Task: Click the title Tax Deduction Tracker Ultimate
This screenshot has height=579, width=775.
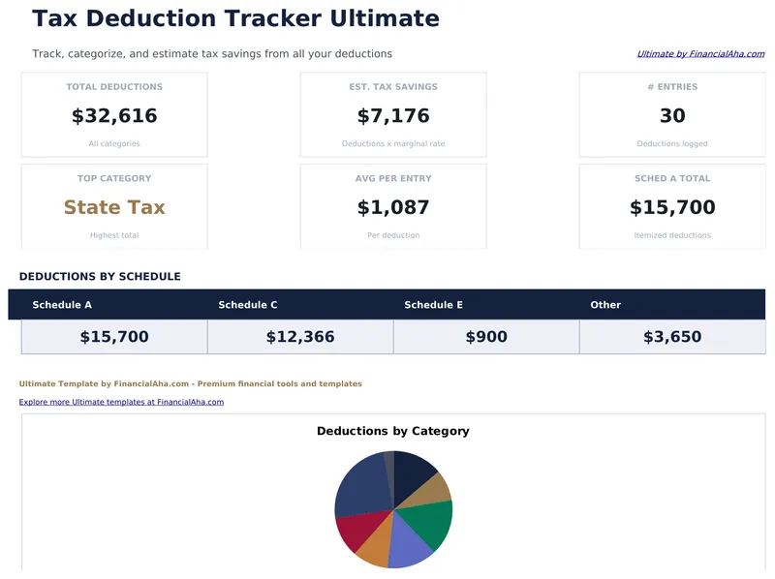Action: [235, 18]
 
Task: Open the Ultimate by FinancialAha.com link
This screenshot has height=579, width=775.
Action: [700, 54]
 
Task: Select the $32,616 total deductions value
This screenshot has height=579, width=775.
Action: [114, 116]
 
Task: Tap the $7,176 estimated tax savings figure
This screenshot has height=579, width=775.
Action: [393, 116]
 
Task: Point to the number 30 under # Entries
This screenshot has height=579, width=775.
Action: [672, 116]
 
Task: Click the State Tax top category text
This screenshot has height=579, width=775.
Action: [114, 207]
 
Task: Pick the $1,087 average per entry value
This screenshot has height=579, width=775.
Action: [393, 207]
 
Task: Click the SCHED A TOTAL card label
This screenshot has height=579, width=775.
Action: [672, 178]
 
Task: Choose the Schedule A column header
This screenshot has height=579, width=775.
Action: [62, 305]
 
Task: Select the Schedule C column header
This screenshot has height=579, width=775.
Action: [248, 305]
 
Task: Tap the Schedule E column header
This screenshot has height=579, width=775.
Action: [434, 305]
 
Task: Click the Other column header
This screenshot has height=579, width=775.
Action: [605, 305]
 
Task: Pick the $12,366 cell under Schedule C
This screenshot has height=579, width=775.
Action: [300, 337]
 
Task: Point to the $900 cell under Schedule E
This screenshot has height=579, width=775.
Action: [486, 337]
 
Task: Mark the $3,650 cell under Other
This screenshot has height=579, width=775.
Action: [672, 337]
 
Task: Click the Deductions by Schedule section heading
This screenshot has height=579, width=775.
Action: [100, 277]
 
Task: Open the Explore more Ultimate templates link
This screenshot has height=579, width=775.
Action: [121, 402]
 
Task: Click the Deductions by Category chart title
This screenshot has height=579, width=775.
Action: [393, 431]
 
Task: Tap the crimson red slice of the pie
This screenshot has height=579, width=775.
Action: [353, 532]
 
